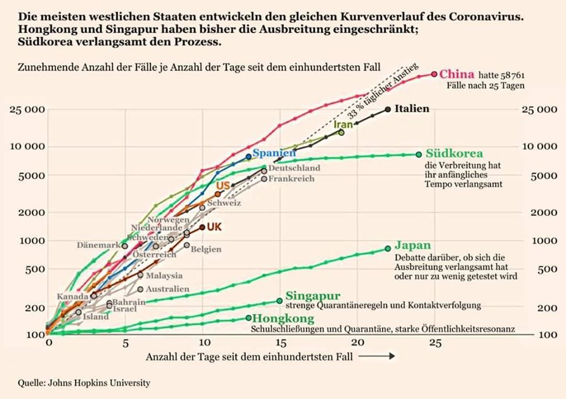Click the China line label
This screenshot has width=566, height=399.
tap(457, 74)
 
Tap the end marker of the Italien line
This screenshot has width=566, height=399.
tap(387, 109)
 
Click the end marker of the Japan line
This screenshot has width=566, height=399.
tap(387, 248)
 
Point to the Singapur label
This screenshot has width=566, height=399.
tap(312, 296)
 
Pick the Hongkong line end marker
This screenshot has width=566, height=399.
tap(248, 318)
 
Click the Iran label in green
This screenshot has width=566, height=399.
tap(343, 125)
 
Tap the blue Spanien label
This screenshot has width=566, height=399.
tap(274, 153)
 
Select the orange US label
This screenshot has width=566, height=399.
tap(223, 186)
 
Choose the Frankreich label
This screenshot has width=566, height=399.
tap(291, 179)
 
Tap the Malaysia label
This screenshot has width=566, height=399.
tap(164, 275)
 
